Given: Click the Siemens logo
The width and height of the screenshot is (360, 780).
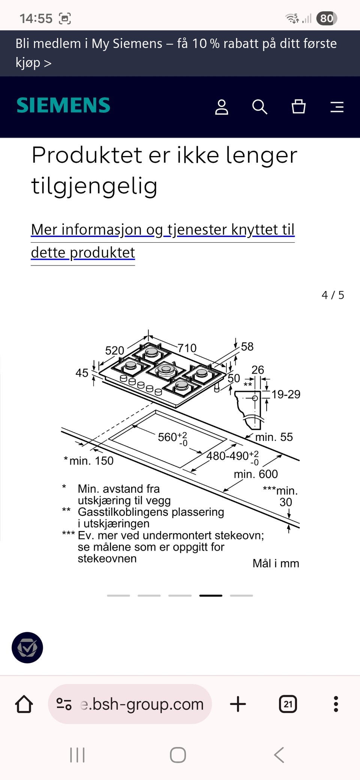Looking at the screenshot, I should coord(63,105).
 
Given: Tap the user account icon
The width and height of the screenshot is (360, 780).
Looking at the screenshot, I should coord(222,107).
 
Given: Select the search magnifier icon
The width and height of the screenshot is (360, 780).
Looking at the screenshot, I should coord(259,107).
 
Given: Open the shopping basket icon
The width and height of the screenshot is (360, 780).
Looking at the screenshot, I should coord(298,106).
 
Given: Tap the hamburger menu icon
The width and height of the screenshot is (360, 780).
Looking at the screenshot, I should coord(337,107).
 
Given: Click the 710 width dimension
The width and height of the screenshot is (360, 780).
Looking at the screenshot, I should coord(187,348).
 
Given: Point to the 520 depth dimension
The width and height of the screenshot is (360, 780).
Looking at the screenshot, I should coord(114,350).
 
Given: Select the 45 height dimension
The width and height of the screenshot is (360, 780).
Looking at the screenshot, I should coord(82,373).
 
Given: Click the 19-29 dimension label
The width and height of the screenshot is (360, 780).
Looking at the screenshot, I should coord(286,394).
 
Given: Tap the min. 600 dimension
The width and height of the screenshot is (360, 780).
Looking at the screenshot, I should coord(256,474).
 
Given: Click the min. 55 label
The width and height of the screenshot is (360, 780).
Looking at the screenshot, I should coord(274,437).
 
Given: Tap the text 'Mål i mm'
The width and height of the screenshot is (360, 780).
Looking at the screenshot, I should coord(276,563).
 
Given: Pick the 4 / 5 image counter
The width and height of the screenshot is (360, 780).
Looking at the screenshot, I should coord(333,295).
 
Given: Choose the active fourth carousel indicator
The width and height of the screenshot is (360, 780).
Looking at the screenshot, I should coord(210,595).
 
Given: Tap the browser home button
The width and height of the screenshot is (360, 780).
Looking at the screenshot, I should coord(24,704).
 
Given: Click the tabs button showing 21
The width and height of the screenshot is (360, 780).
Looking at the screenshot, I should coord(288,704).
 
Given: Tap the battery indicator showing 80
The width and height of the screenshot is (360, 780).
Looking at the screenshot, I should coord(326,18).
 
